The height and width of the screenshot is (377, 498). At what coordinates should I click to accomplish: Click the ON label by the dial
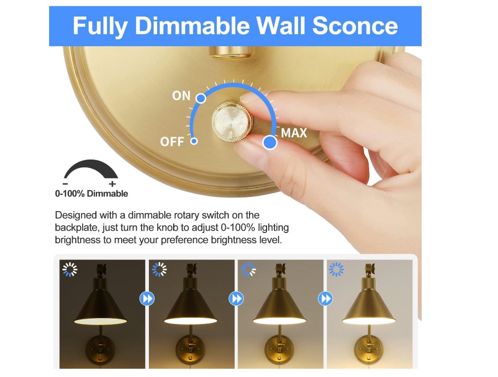181,96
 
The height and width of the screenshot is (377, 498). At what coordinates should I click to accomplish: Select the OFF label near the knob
172,142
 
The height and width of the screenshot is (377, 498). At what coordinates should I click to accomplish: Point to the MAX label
294,133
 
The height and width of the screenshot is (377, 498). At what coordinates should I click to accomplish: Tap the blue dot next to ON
201,98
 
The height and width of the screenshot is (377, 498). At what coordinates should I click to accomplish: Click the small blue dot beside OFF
194,141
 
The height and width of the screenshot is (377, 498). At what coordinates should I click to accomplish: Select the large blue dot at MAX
270,143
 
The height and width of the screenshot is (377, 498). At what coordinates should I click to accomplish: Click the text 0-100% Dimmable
91,194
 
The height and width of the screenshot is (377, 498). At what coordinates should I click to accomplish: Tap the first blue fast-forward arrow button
147,299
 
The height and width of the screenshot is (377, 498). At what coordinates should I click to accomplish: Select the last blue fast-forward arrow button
325,299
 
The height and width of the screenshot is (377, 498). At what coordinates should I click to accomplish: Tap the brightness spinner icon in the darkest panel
70,269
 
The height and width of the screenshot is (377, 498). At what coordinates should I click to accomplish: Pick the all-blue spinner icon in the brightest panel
337,269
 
